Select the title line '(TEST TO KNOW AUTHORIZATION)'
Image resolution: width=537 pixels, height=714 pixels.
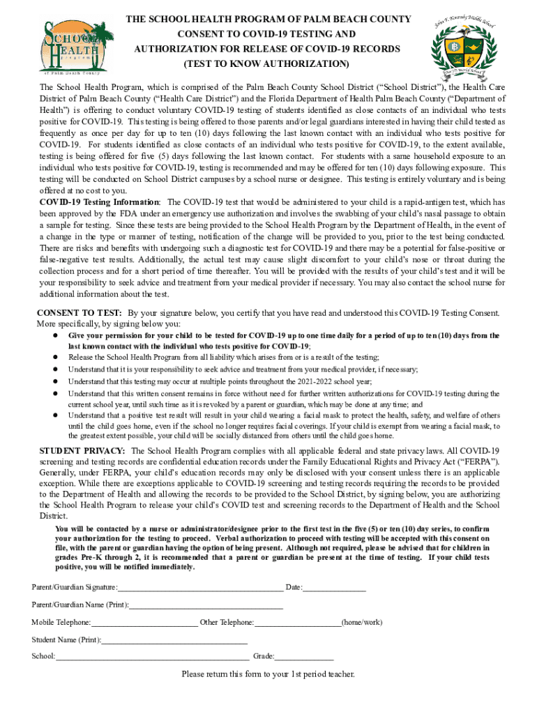click(x=266, y=65)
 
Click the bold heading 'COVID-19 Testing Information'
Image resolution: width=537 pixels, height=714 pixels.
click(x=99, y=202)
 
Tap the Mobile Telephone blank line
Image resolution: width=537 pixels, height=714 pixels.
click(x=144, y=622)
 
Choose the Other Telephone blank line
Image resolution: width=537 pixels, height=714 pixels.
click(x=298, y=622)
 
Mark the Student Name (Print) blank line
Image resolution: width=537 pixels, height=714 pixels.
click(x=174, y=639)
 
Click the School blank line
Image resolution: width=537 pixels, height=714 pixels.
click(x=152, y=656)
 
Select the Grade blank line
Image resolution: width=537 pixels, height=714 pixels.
click(x=304, y=656)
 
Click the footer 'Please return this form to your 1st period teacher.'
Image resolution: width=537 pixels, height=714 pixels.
click(x=268, y=674)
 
